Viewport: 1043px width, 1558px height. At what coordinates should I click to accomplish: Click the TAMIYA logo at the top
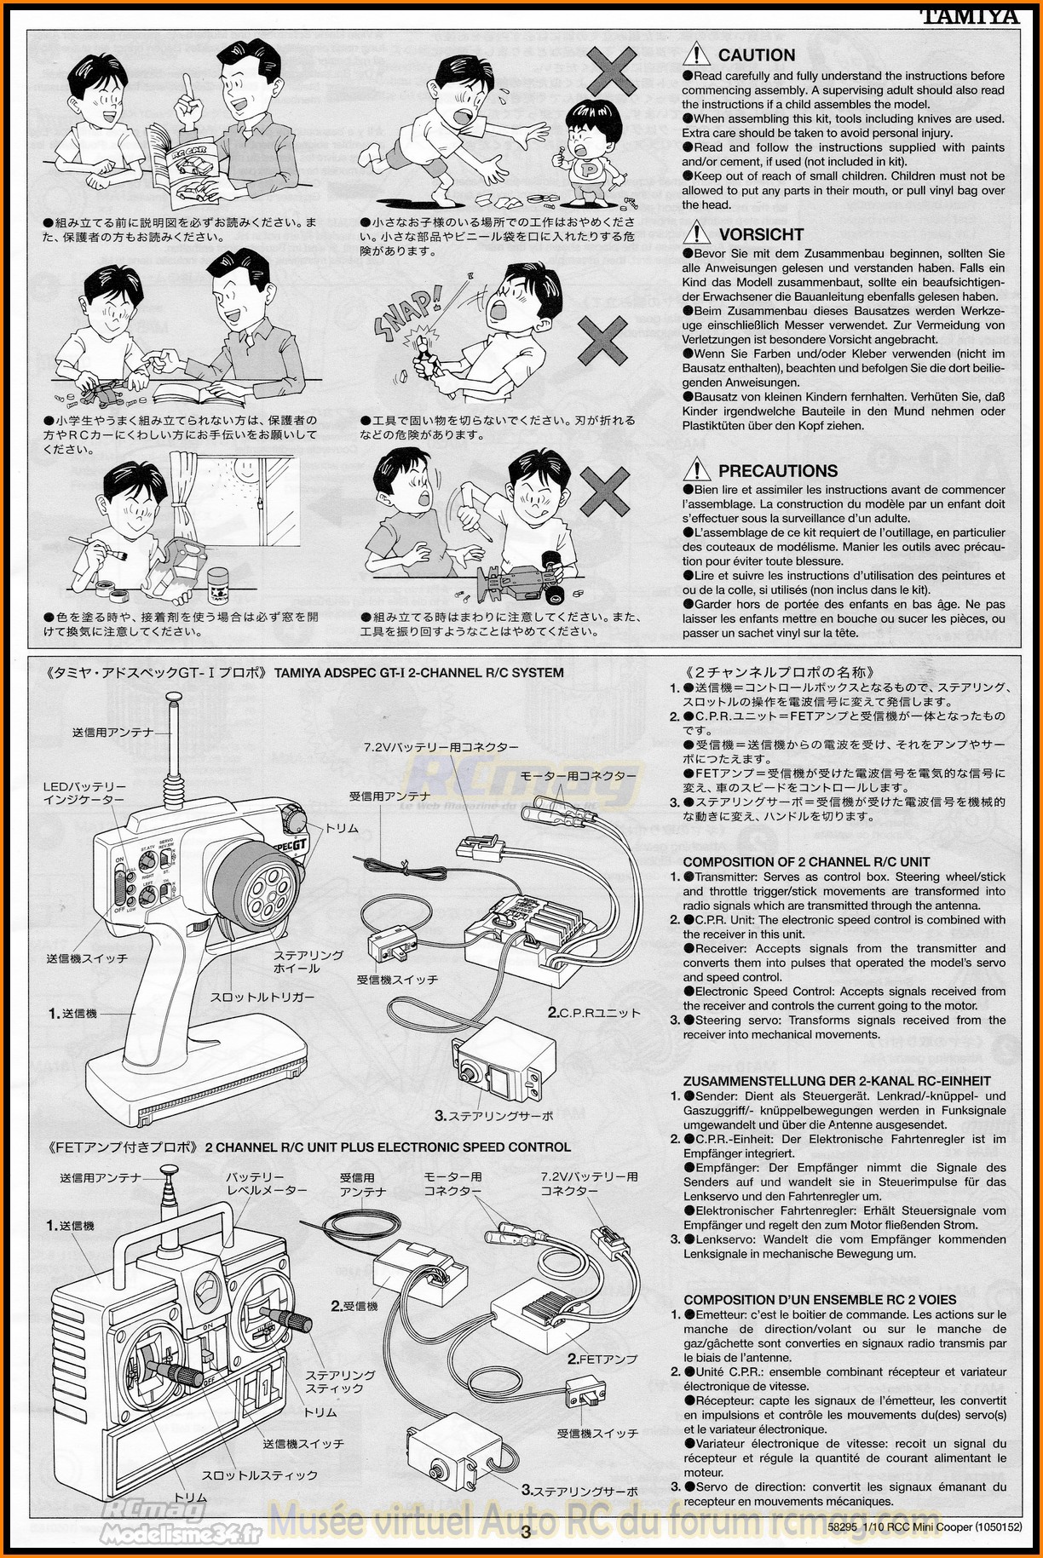tap(969, 15)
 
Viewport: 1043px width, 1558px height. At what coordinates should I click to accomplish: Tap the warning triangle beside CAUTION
tap(696, 55)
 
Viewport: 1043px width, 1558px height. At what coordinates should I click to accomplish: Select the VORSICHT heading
tap(760, 234)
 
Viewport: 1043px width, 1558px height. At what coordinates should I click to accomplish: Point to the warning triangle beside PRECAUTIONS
tap(696, 469)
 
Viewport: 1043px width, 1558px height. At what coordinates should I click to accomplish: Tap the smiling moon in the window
tap(245, 470)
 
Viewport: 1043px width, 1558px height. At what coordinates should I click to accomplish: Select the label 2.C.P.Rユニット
tap(593, 1013)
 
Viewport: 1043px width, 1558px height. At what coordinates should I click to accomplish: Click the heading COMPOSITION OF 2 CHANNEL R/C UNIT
tap(806, 861)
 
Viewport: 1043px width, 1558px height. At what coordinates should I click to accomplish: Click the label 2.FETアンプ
tap(602, 1359)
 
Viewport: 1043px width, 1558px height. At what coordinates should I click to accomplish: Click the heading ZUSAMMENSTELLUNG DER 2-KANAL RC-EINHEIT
tap(837, 1081)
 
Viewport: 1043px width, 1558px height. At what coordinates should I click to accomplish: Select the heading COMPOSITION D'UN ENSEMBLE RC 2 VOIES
tap(820, 1299)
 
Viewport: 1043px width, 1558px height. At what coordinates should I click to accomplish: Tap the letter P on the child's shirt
tap(588, 167)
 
